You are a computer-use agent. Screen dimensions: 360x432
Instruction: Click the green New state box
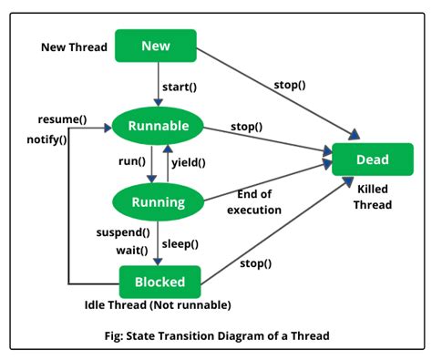tap(156, 46)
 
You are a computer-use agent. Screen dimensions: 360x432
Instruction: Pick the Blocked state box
tap(160, 282)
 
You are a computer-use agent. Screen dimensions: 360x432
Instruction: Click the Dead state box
tap(372, 159)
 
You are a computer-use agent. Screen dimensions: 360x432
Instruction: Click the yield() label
tap(189, 164)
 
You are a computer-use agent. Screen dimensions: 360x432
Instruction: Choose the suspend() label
tap(123, 232)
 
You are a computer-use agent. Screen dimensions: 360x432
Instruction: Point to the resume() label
tap(63, 119)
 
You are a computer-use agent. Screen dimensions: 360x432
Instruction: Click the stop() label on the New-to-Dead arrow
tap(289, 85)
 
